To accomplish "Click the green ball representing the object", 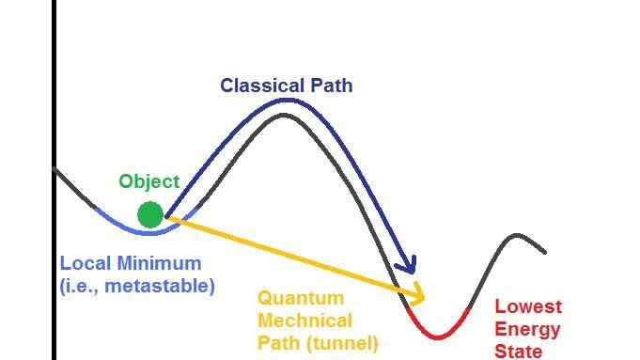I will coord(150,214).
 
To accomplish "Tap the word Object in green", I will coord(148,181).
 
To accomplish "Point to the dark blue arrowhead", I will coord(406,267).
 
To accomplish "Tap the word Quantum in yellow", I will coord(301,299).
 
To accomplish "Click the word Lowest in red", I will coord(528,306).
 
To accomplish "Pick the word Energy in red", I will coord(527,329).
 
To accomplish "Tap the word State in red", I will coord(519,352).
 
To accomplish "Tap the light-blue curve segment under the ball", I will coord(141,229).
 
